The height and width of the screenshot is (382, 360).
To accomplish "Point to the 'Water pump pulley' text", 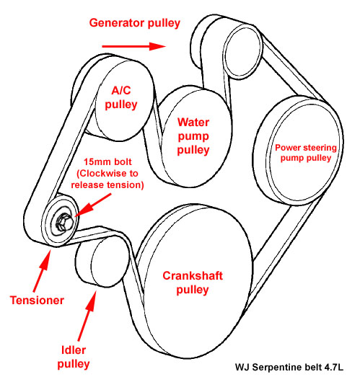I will [x=193, y=136].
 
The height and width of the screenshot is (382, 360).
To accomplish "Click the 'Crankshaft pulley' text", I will [x=185, y=282].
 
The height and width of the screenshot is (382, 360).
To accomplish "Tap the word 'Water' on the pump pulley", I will [x=193, y=123].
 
